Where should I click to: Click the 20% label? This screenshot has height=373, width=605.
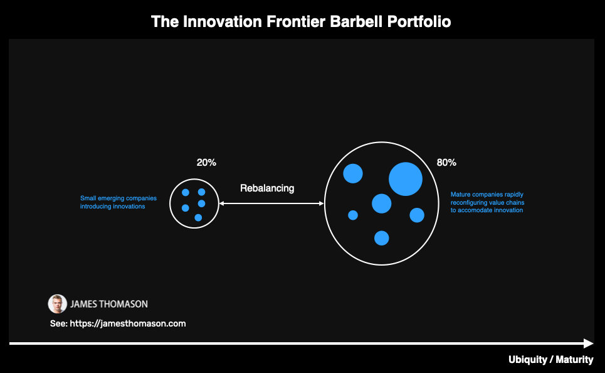coord(206,163)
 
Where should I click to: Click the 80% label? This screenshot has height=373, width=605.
coord(446,163)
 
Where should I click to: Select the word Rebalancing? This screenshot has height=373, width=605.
coord(267,188)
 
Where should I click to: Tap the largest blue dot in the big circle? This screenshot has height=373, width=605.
coord(406,179)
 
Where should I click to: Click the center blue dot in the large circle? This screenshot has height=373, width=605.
coord(382,203)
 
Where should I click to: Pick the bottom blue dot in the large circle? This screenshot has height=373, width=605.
coord(382,238)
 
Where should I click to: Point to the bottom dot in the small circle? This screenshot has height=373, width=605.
coord(198,218)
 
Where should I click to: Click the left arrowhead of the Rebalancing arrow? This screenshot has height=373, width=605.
coord(221,203)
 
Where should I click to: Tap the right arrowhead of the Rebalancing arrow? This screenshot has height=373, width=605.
coord(322,203)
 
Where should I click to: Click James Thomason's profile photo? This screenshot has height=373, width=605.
coord(57,304)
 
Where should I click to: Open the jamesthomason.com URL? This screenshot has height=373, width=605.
coord(128,323)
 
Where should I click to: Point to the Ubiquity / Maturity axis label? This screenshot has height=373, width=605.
coord(551,359)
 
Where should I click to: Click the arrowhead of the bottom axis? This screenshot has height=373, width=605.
coord(589,343)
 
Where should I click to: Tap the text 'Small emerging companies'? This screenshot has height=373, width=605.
coord(118,198)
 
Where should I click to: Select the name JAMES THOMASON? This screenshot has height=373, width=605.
coord(109,304)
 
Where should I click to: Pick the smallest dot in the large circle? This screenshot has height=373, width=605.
coord(353,215)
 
